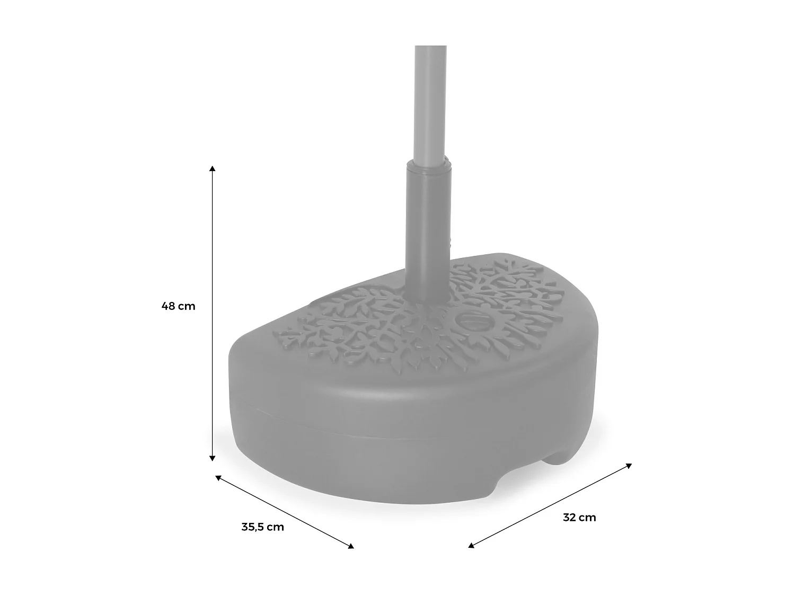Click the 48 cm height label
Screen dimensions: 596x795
click(179, 306)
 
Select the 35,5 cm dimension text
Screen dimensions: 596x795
click(262, 527)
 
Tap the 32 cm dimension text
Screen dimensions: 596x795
click(579, 518)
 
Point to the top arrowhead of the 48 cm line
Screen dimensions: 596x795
click(213, 169)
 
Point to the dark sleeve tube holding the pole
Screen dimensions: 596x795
click(428, 233)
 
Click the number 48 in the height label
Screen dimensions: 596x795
click(169, 306)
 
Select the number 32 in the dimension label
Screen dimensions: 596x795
click(570, 518)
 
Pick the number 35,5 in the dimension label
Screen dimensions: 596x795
click(253, 527)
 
